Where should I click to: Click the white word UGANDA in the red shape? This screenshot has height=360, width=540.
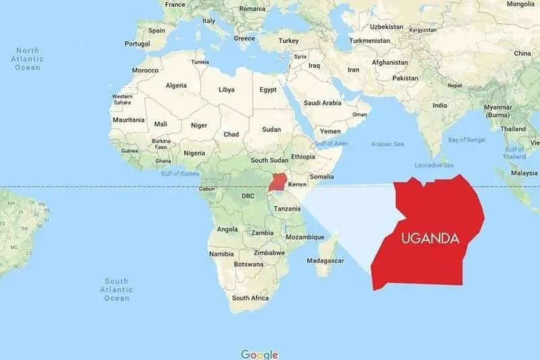pyautogui.click(x=430, y=238)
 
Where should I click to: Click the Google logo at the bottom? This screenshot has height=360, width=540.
pyautogui.click(x=259, y=354)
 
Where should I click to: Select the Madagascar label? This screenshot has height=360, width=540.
pyautogui.click(x=327, y=260)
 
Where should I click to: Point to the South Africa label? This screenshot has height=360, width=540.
pyautogui.click(x=250, y=298)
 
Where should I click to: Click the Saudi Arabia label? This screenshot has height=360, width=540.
pyautogui.click(x=323, y=103)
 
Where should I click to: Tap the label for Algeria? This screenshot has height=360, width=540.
pyautogui.click(x=176, y=85)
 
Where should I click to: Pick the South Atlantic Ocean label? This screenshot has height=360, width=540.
pyautogui.click(x=116, y=289)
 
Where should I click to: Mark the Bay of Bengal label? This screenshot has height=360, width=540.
pyautogui.click(x=467, y=140)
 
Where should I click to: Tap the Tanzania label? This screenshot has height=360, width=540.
pyautogui.click(x=288, y=209)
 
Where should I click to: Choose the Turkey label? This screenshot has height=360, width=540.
pyautogui.click(x=288, y=41)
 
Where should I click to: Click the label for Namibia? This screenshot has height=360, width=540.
pyautogui.click(x=221, y=254)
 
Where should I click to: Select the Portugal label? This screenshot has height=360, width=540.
pyautogui.click(x=137, y=43)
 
